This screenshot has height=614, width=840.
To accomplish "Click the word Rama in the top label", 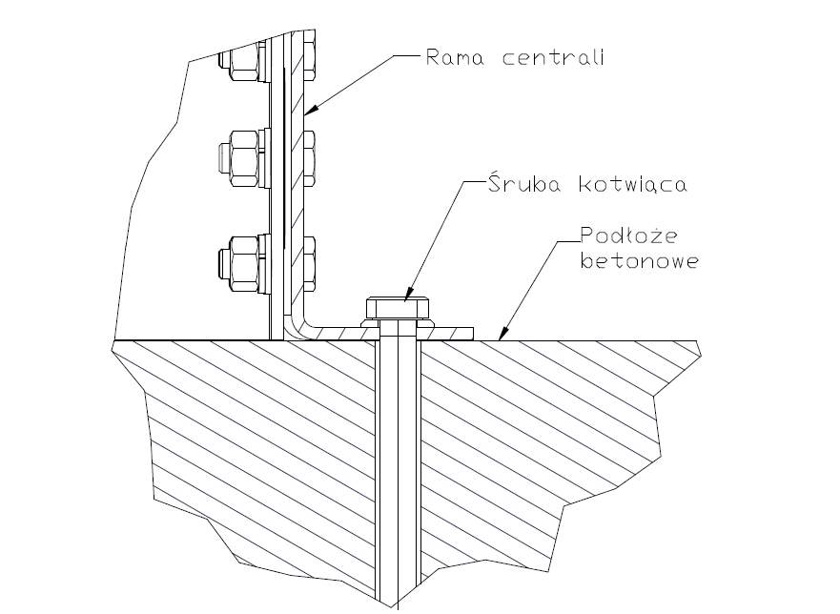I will tap(452, 57).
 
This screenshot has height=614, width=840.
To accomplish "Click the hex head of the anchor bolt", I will tap(398, 307).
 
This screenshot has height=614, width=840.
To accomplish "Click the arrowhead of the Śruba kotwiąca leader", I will tap(408, 297).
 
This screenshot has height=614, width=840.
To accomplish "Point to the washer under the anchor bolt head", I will tap(398, 323).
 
